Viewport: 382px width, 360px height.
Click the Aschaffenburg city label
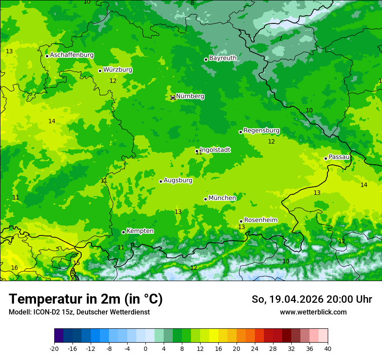pos(72,55)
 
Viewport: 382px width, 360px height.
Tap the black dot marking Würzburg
pos(100,71)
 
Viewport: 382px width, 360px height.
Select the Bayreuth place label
pos(223,58)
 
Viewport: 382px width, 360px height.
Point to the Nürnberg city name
pos(190,96)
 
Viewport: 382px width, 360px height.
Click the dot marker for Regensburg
pos(240,132)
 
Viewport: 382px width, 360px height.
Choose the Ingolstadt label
pos(215,150)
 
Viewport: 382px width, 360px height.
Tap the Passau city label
pos(339,157)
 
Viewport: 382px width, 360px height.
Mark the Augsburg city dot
pos(161,181)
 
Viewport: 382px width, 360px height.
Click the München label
pos(222,198)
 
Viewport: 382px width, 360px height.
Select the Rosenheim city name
pos(260,220)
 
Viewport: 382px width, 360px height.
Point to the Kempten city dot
pos(123,232)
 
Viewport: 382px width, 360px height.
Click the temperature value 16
pos(14,268)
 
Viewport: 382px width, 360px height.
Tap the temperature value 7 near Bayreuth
pos(280,39)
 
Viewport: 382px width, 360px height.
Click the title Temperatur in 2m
pos(86,299)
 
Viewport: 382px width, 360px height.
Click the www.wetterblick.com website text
pos(313,312)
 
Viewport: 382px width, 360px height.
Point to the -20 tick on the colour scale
pos(54,349)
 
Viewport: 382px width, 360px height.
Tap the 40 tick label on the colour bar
pos(327,349)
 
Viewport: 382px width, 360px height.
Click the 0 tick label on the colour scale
pos(145,349)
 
